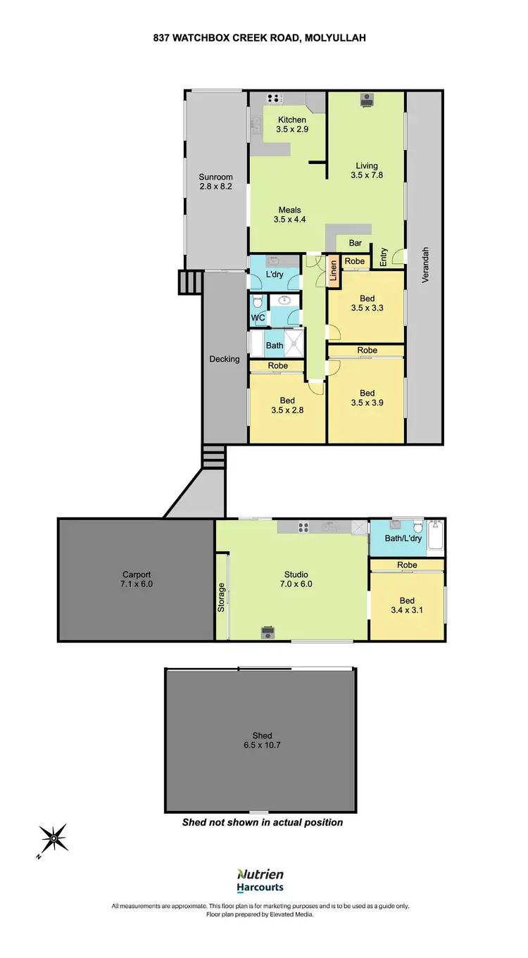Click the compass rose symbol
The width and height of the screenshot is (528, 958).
(x=54, y=839)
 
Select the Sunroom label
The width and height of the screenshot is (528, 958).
(x=215, y=177)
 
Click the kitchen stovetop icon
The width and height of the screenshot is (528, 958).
(x=275, y=99)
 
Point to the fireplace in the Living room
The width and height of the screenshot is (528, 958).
(x=367, y=101)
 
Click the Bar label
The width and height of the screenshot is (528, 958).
(x=356, y=244)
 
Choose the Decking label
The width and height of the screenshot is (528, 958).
(x=225, y=359)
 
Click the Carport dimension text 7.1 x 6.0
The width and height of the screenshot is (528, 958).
(x=137, y=584)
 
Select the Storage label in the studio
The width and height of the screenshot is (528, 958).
(x=222, y=597)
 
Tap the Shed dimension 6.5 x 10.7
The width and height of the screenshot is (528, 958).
(x=261, y=745)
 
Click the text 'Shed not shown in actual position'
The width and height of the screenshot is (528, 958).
(x=263, y=822)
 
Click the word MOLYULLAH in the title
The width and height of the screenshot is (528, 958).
(x=335, y=39)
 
